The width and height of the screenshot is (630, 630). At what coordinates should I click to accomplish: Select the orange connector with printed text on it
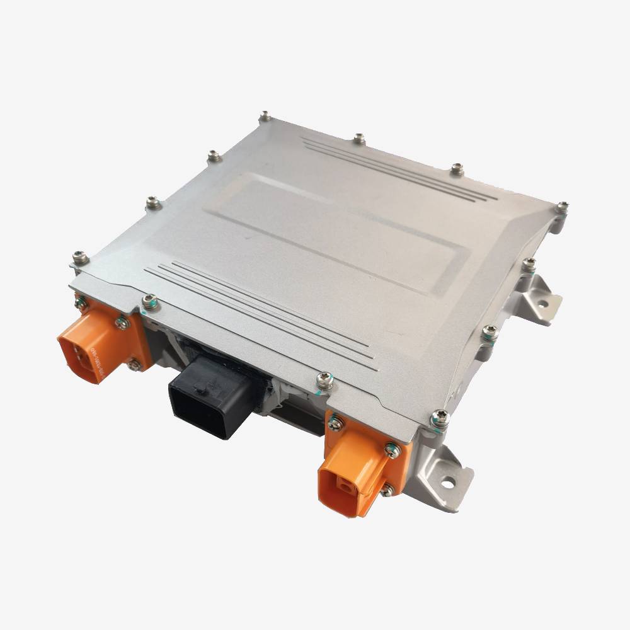pos(101,340)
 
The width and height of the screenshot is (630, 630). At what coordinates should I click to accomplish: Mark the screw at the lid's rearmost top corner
pos(266,117)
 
